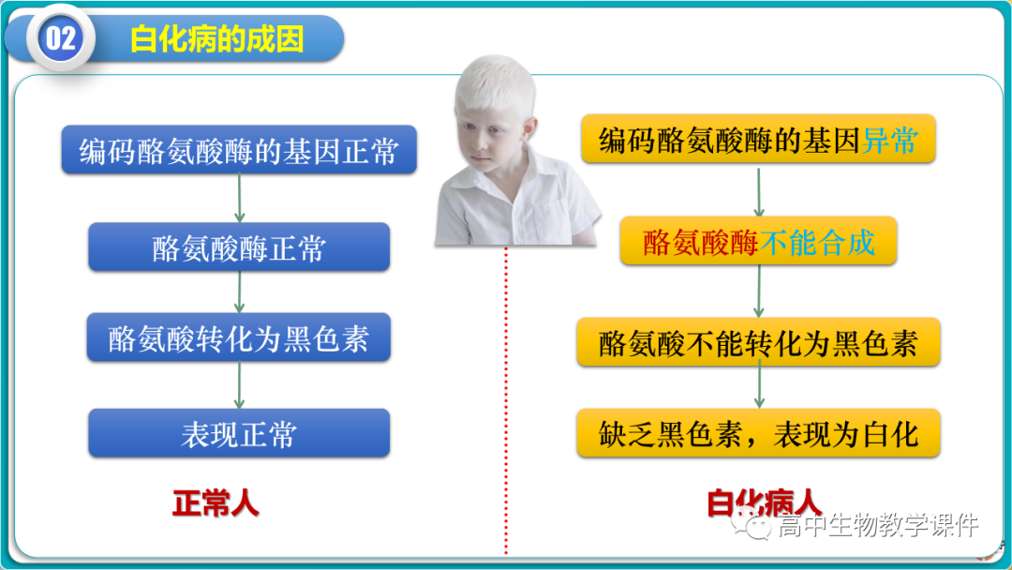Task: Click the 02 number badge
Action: pos(60,39)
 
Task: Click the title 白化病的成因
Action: pos(216,39)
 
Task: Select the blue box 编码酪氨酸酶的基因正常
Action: pos(239,151)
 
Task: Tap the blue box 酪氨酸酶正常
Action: pos(239,247)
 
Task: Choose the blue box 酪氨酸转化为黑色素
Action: pos(239,338)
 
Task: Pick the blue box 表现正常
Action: pos(239,434)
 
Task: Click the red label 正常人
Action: pos(216,504)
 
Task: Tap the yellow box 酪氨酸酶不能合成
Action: pos(758,242)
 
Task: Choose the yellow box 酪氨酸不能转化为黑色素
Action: pos(758,343)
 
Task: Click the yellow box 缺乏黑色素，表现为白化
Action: pos(758,434)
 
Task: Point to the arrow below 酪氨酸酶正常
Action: pos(239,292)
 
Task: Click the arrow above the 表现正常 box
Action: pos(239,385)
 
